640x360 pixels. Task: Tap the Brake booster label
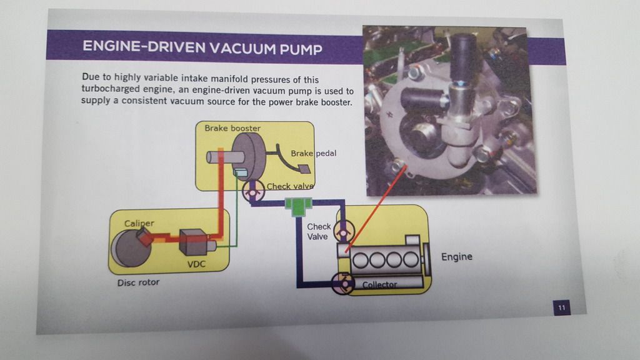point(232,128)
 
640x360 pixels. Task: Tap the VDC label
point(196,264)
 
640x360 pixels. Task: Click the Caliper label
point(138,222)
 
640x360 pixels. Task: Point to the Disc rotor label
point(138,282)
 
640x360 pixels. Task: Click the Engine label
point(457,257)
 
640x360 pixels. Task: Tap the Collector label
point(379,285)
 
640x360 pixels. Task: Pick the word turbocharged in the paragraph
point(112,91)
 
